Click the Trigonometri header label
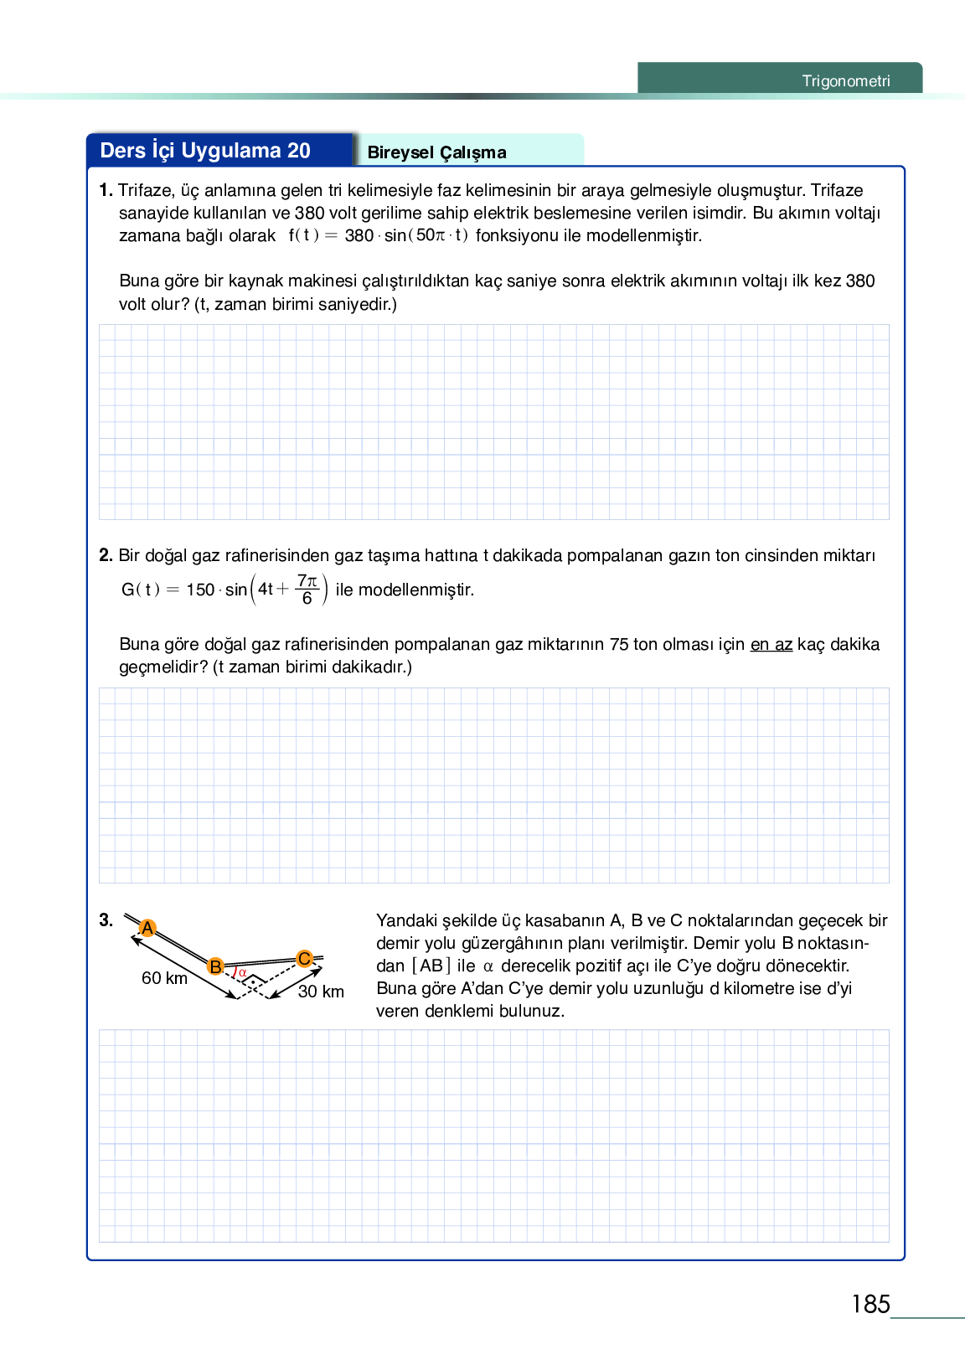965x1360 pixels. click(x=845, y=81)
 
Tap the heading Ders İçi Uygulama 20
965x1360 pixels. click(x=205, y=151)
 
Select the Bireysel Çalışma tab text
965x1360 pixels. click(x=436, y=152)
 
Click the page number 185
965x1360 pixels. click(x=870, y=1304)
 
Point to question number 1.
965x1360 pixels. click(x=106, y=190)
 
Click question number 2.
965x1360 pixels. click(x=106, y=555)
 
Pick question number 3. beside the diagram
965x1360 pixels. click(x=106, y=920)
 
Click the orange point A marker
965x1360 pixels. click(x=147, y=928)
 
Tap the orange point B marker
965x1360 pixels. click(x=215, y=966)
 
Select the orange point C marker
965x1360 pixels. click(x=304, y=958)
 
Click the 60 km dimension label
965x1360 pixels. click(x=164, y=978)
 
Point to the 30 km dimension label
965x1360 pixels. click(x=321, y=992)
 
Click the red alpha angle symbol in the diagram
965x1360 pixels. click(x=242, y=972)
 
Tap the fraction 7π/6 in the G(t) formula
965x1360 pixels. click(x=307, y=590)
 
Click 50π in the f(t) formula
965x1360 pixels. click(x=431, y=235)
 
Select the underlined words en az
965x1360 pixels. click(x=771, y=644)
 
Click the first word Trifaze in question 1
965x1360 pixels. click(x=144, y=190)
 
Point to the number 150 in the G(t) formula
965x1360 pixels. click(x=200, y=590)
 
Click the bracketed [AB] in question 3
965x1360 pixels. click(x=431, y=966)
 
